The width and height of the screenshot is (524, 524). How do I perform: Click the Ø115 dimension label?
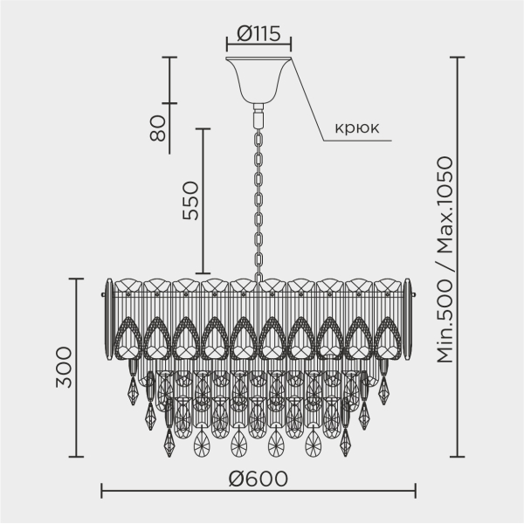(x=259, y=34)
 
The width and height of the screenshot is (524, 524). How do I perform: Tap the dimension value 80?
(x=158, y=128)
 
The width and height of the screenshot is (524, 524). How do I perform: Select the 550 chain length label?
(x=190, y=200)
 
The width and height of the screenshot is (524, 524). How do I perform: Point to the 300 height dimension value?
(x=64, y=368)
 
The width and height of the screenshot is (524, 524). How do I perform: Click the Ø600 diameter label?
(x=258, y=479)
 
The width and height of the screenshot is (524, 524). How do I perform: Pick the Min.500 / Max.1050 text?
(x=445, y=259)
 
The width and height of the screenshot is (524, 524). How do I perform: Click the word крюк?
(x=357, y=128)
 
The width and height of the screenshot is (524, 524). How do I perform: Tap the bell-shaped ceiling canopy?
(x=259, y=79)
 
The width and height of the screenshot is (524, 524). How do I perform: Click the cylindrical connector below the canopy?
(x=259, y=115)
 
